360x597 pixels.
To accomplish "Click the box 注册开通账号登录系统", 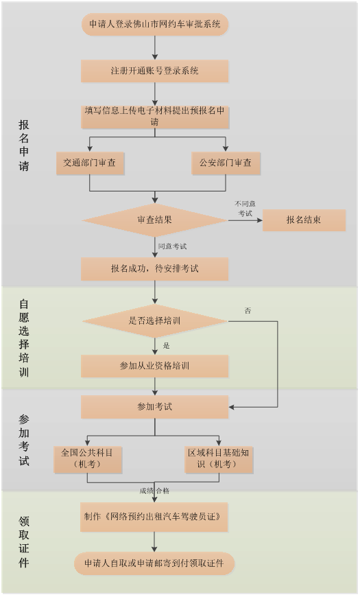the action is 154,71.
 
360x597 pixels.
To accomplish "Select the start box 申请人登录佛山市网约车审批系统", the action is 154,25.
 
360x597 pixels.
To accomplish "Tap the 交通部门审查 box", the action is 91,163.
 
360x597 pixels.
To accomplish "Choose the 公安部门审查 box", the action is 226,163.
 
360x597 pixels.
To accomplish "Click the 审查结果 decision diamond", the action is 154,220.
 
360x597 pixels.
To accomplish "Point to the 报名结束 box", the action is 304,220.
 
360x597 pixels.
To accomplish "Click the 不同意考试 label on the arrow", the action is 245,209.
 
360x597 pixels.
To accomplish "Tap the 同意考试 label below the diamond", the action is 172,247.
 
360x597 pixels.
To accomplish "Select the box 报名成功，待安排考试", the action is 154,269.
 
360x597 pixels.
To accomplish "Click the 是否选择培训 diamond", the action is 154,321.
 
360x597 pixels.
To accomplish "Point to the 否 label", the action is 248,311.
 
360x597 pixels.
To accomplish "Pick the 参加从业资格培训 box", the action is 154,366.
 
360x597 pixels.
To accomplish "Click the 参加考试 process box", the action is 154,407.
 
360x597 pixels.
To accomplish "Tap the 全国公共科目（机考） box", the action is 88,459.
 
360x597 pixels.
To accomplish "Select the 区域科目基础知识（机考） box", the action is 219,459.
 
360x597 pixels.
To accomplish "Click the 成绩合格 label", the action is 154,491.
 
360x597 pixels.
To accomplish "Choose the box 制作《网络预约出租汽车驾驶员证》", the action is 154,517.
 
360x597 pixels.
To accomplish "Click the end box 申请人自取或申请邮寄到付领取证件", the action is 154,563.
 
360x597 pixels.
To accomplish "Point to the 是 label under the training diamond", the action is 167,346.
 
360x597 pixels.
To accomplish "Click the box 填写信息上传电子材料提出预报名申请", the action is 154,117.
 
